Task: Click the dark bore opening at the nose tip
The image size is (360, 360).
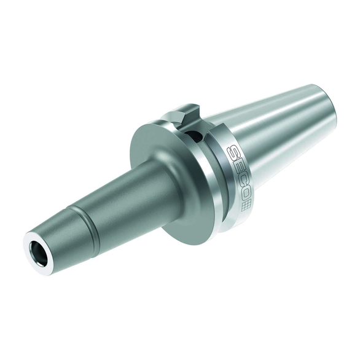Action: tap(38, 252)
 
